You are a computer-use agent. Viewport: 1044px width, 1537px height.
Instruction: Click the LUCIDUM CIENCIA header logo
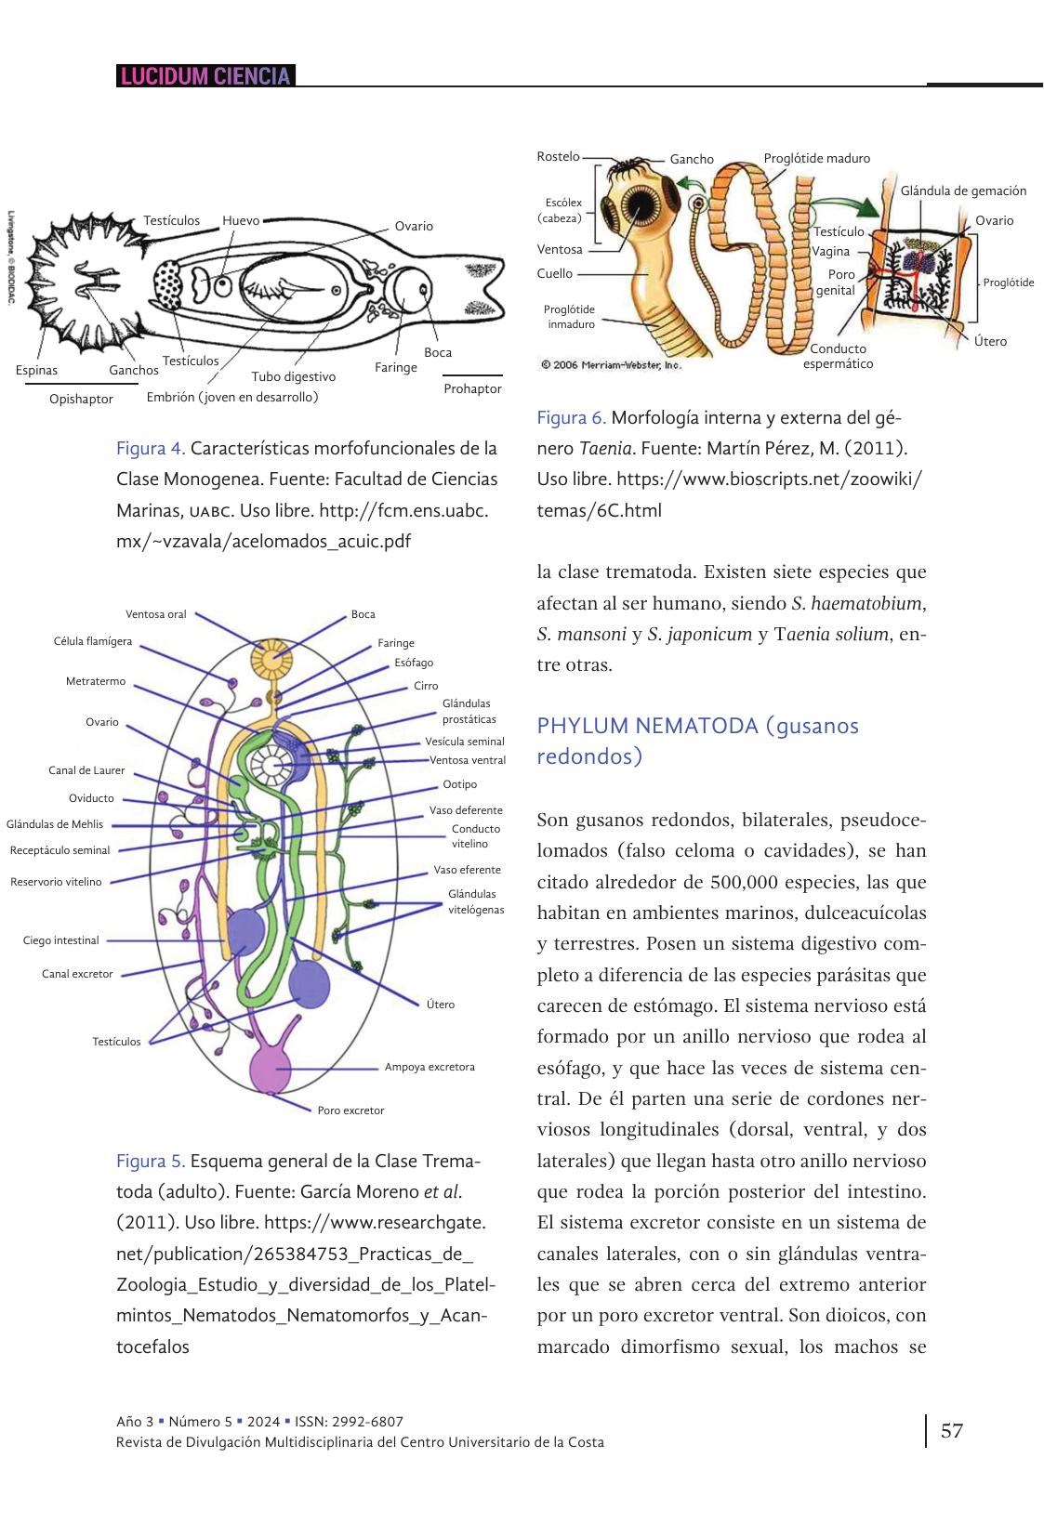pos(205,76)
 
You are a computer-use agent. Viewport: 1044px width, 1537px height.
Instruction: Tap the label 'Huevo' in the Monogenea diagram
pos(241,221)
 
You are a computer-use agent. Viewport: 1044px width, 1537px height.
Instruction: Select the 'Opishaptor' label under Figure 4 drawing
pos(81,400)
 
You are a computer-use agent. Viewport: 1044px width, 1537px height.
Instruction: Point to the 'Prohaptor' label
pos(472,389)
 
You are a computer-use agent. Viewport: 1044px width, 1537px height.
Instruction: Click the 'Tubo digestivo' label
pos(293,377)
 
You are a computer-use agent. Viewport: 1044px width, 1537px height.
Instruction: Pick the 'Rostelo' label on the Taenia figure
pos(558,157)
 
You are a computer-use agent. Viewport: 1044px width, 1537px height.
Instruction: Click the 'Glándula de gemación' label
pos(963,191)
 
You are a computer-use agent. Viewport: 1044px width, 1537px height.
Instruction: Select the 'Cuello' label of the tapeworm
pos(555,274)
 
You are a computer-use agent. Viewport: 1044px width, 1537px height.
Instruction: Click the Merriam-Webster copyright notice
pos(611,365)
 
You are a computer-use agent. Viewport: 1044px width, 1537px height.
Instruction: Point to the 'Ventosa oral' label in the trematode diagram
pos(156,614)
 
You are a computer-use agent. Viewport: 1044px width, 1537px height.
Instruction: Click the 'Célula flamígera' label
pos(93,642)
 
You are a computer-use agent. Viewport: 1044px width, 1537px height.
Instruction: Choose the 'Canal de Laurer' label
pos(86,770)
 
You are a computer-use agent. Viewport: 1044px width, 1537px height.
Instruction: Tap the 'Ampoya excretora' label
pos(429,1067)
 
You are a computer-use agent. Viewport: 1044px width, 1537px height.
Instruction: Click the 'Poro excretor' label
pos(350,1110)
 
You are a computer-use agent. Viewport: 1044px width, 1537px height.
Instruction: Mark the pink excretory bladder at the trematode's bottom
pos(271,1068)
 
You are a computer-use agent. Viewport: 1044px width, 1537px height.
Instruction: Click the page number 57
pos(952,1430)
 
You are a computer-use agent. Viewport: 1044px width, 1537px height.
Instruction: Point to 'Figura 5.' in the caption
pos(151,1162)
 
